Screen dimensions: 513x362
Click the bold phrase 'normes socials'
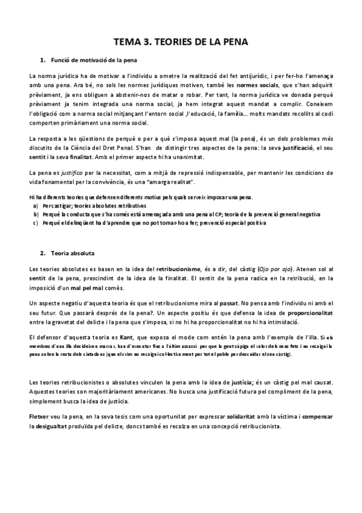click(255, 86)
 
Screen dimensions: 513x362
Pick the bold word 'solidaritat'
click(247, 417)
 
